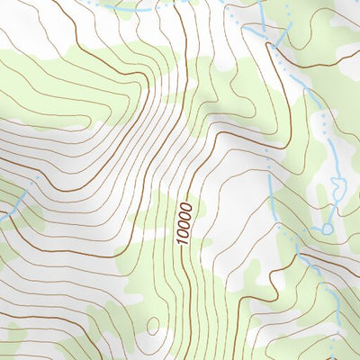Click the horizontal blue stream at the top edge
[x=135, y=8]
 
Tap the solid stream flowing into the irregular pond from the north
[x=334, y=162]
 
